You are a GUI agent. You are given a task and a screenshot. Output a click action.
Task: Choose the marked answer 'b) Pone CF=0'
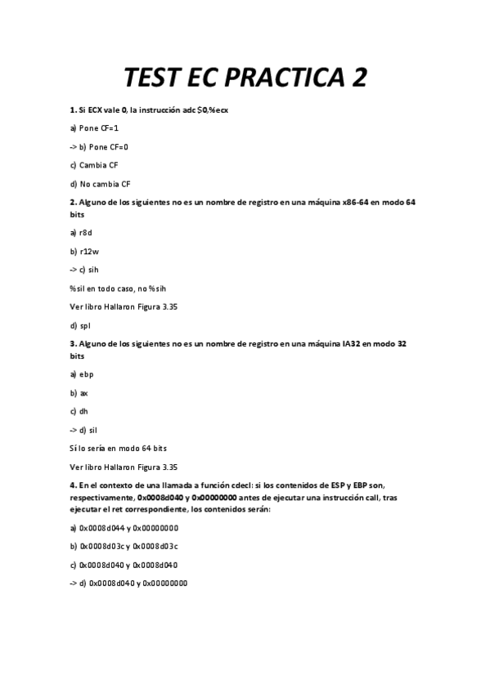click(x=99, y=146)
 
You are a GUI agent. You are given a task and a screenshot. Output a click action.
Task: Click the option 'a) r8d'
click(x=81, y=233)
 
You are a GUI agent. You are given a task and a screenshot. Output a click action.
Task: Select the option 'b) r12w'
click(x=84, y=251)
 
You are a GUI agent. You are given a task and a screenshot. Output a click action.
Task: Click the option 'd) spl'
click(x=80, y=325)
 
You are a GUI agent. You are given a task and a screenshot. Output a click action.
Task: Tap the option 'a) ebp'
click(x=82, y=374)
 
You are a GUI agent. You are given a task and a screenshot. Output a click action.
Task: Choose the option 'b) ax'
click(x=79, y=393)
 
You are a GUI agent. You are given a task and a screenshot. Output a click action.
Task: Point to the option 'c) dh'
click(x=79, y=411)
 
